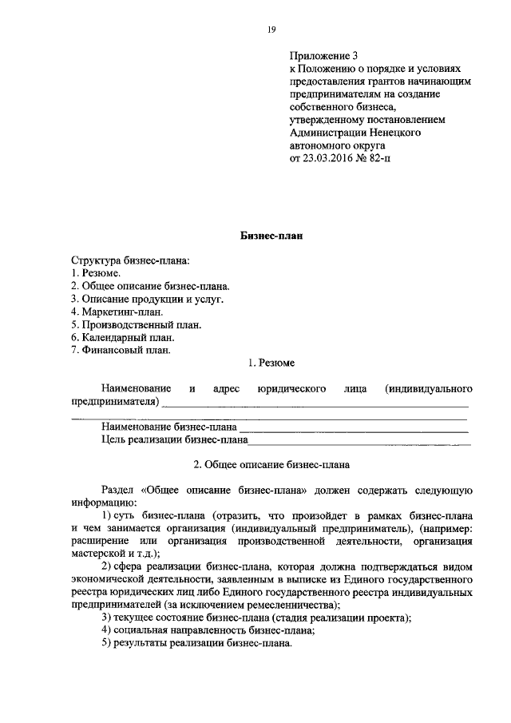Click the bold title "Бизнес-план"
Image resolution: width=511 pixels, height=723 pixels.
pyautogui.click(x=271, y=236)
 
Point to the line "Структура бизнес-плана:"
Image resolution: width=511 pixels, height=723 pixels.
pyautogui.click(x=131, y=260)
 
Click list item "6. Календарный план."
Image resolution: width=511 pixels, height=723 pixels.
pyautogui.click(x=123, y=337)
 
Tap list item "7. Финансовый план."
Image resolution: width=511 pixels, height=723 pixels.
pyautogui.click(x=121, y=350)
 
